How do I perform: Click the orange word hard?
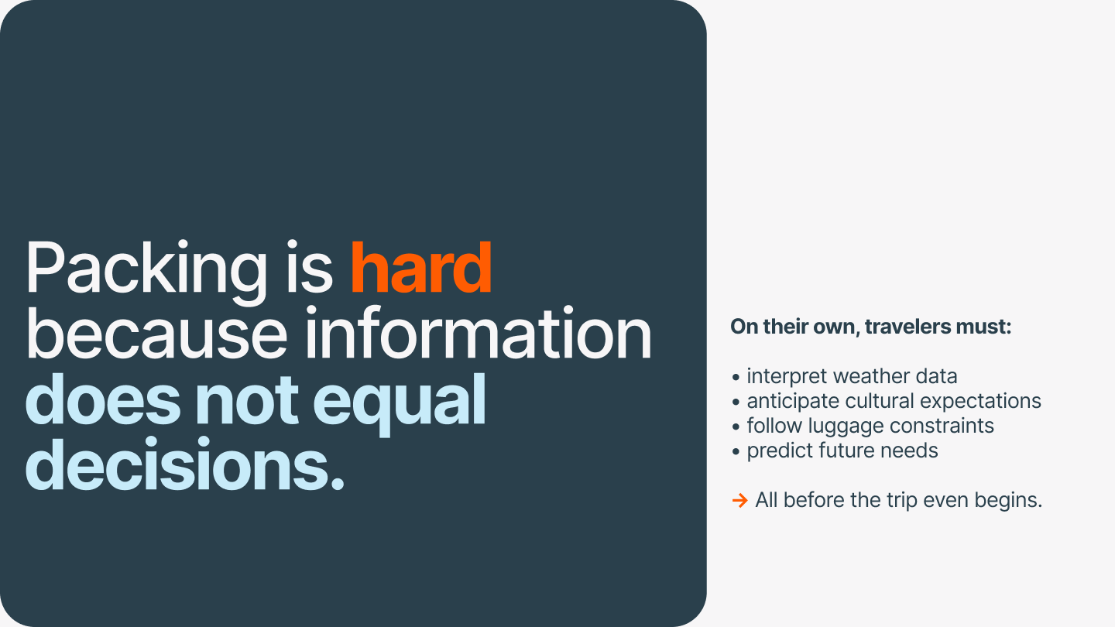[x=421, y=268]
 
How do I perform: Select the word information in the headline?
[x=479, y=333]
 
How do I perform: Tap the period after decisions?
[x=338, y=483]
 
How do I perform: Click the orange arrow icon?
[x=740, y=500]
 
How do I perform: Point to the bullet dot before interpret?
[x=736, y=377]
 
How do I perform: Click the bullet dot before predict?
[x=736, y=452]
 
